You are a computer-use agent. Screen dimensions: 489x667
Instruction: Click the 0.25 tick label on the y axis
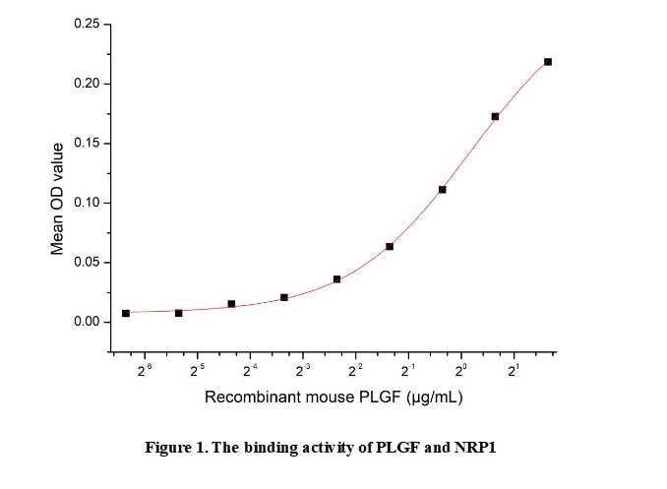(x=87, y=24)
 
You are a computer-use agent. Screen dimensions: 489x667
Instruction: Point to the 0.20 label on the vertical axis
(x=87, y=84)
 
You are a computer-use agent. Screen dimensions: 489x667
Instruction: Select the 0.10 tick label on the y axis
(x=87, y=203)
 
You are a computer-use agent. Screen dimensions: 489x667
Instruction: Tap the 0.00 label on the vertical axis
(x=87, y=322)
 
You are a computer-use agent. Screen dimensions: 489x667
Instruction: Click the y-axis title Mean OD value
(x=58, y=199)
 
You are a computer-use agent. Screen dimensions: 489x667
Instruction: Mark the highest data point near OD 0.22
(x=548, y=62)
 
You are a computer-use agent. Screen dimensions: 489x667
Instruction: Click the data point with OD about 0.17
(x=495, y=116)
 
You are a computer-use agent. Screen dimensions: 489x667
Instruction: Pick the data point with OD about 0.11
(x=443, y=189)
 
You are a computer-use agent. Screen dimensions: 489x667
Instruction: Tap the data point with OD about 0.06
(x=390, y=246)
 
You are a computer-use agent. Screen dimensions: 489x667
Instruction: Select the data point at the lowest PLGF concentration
(x=126, y=313)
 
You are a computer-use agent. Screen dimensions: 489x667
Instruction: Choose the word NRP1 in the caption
(x=477, y=448)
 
